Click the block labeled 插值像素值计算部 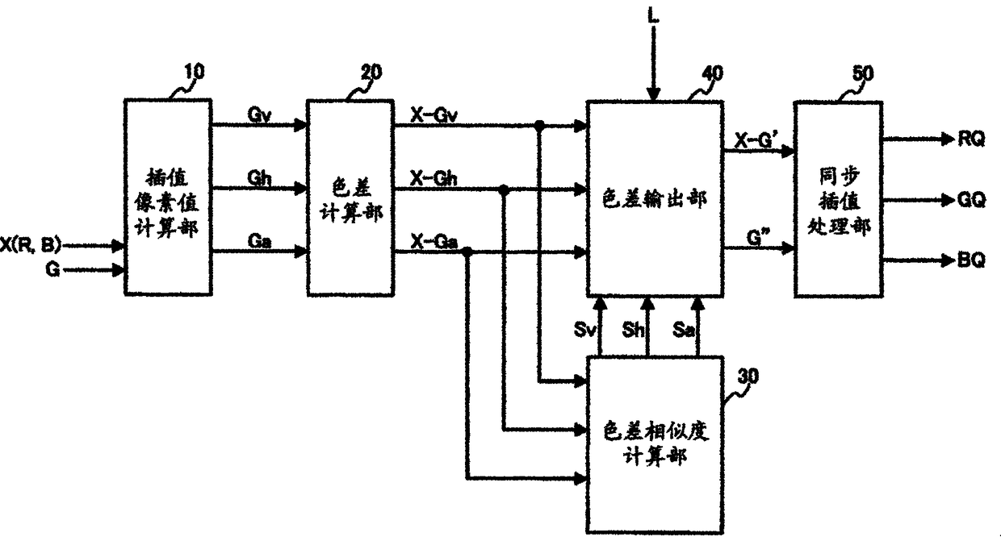click(x=168, y=195)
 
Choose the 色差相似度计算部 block click(x=653, y=443)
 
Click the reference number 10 click(x=193, y=72)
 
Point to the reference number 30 click(x=749, y=377)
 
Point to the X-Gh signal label click(x=433, y=177)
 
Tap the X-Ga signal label click(x=433, y=240)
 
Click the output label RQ click(x=972, y=139)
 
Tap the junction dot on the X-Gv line click(x=539, y=125)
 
